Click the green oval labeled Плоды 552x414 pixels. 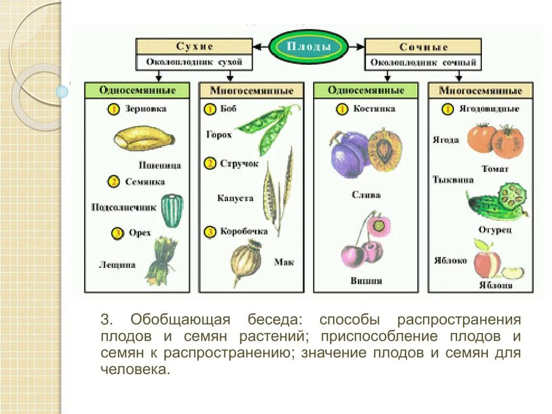[308, 47]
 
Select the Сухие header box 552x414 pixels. [194, 47]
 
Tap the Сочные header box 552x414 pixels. [423, 47]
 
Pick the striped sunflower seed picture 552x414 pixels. [172, 210]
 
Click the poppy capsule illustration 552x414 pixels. [246, 263]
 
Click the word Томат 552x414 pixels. [495, 169]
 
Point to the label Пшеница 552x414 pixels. [161, 165]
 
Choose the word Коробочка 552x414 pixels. [244, 232]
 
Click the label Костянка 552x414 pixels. [374, 109]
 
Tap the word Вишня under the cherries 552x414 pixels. [367, 281]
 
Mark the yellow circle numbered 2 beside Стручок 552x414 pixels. [210, 163]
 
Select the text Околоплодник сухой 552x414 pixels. [194, 62]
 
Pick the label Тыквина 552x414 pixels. [453, 180]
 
